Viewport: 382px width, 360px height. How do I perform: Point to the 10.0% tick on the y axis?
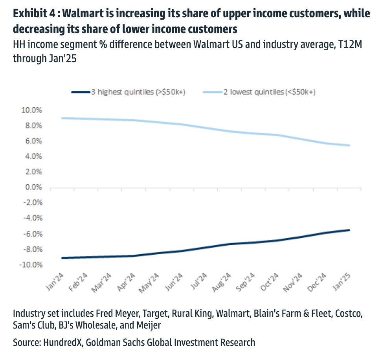click(x=30, y=110)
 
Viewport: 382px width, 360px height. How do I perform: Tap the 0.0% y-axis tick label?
click(x=32, y=187)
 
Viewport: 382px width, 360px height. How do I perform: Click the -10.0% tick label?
click(x=29, y=265)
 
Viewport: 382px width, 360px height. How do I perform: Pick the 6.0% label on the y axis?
click(x=32, y=141)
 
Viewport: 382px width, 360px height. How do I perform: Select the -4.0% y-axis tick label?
click(x=30, y=219)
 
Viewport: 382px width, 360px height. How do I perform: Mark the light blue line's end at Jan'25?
click(x=349, y=145)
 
